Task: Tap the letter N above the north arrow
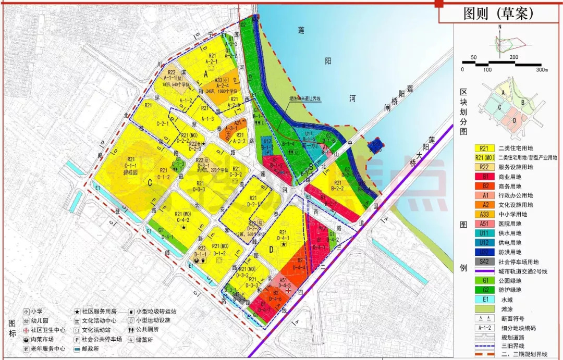[499, 26]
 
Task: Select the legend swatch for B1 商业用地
[485, 177]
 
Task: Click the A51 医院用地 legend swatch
[485, 224]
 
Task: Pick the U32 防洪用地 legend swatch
[485, 252]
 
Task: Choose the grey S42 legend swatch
[485, 261]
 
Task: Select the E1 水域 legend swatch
[485, 299]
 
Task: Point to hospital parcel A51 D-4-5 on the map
[284, 284]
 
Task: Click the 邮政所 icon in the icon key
[77, 349]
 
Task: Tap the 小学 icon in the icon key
[26, 311]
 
